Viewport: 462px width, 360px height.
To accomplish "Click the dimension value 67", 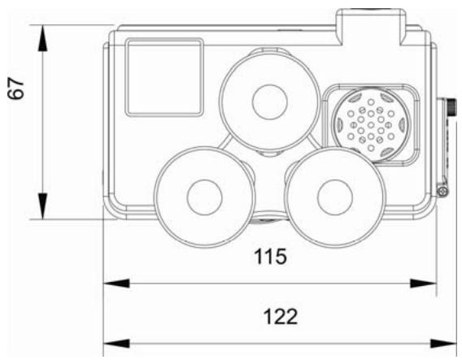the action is pyautogui.click(x=15, y=89).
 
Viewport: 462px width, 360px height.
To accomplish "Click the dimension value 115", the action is pyautogui.click(x=270, y=256).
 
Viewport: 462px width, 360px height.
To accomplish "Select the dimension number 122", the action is pyautogui.click(x=280, y=317).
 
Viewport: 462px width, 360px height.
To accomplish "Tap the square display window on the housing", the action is pyautogui.click(x=164, y=77).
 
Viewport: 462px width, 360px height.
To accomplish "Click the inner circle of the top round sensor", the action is pyautogui.click(x=269, y=102).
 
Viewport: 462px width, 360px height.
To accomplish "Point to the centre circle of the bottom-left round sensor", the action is pyautogui.click(x=204, y=197).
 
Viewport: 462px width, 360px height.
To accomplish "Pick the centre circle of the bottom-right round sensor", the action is pyautogui.click(x=335, y=197).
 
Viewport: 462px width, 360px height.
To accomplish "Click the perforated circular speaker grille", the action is pyautogui.click(x=371, y=124).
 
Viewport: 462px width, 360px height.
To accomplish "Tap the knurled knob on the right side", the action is pyautogui.click(x=451, y=107).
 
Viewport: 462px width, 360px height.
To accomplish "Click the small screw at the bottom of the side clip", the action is pyautogui.click(x=442, y=192).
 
